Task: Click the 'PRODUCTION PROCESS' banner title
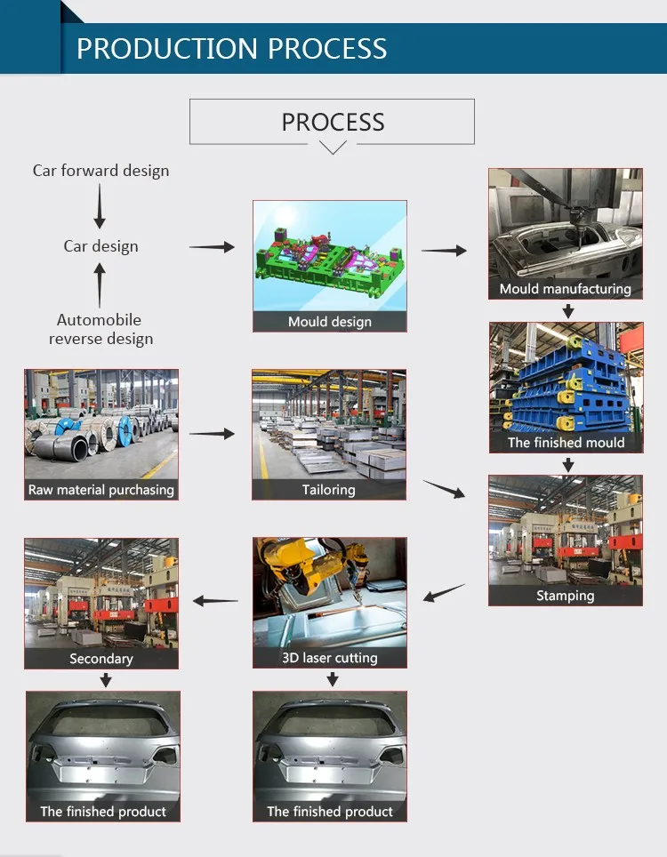231,48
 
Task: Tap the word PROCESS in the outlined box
333,122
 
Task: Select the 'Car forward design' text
100,170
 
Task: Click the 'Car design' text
100,246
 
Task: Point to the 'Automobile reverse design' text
100,329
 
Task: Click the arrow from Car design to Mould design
212,247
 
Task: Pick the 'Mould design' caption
330,322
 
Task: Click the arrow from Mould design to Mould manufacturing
444,251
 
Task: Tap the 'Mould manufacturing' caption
565,289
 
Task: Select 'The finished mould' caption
566,443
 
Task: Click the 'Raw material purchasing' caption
101,490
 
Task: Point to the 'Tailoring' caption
329,490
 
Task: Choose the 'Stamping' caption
565,596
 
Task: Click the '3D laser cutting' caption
330,658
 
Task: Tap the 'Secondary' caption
101,659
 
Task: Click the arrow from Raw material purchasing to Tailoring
212,434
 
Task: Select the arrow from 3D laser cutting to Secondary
216,601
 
